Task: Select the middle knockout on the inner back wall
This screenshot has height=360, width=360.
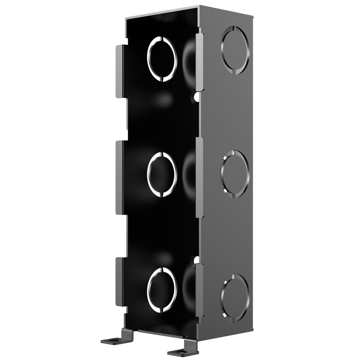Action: pos(162,175)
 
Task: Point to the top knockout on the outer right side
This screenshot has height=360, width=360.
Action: pos(235,50)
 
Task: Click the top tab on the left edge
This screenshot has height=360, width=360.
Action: pos(120,71)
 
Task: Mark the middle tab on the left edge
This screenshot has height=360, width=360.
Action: pos(120,177)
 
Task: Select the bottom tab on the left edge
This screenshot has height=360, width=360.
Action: pos(120,282)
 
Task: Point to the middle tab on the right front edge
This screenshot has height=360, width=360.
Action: pos(200,177)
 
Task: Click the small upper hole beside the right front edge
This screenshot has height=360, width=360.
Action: pos(197,96)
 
